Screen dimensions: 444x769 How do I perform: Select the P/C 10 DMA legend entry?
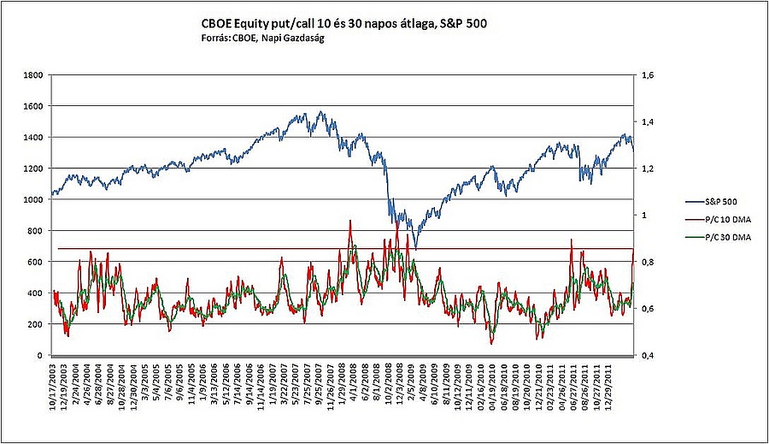click(719, 220)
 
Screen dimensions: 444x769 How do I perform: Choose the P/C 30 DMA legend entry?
click(719, 238)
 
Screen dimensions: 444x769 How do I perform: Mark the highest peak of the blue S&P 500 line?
click(320, 111)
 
